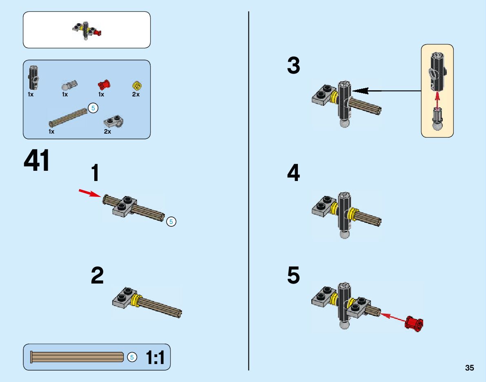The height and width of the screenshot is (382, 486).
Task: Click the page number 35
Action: pyautogui.click(x=469, y=368)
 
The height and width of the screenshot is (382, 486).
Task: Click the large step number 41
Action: pyautogui.click(x=37, y=161)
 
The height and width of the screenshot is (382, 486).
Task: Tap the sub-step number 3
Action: pyautogui.click(x=293, y=66)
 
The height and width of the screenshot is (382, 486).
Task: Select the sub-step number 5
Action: pyautogui.click(x=293, y=276)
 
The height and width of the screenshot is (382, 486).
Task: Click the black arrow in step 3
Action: pyautogui.click(x=386, y=90)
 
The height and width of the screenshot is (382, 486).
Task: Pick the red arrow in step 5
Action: pyautogui.click(x=394, y=317)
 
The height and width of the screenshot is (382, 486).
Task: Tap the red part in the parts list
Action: pyautogui.click(x=104, y=85)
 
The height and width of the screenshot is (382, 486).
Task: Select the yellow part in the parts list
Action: pyautogui.click(x=137, y=85)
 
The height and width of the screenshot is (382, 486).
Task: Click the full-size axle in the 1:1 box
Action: pyautogui.click(x=77, y=357)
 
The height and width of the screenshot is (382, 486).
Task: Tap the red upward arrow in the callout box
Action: pyautogui.click(x=437, y=100)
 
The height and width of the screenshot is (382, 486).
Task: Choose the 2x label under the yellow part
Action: pyautogui.click(x=136, y=94)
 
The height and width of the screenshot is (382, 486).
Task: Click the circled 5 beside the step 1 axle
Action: pyautogui.click(x=171, y=221)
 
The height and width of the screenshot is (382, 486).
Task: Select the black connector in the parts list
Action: pyautogui.click(x=32, y=77)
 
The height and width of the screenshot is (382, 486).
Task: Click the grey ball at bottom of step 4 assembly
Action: pyautogui.click(x=345, y=235)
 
